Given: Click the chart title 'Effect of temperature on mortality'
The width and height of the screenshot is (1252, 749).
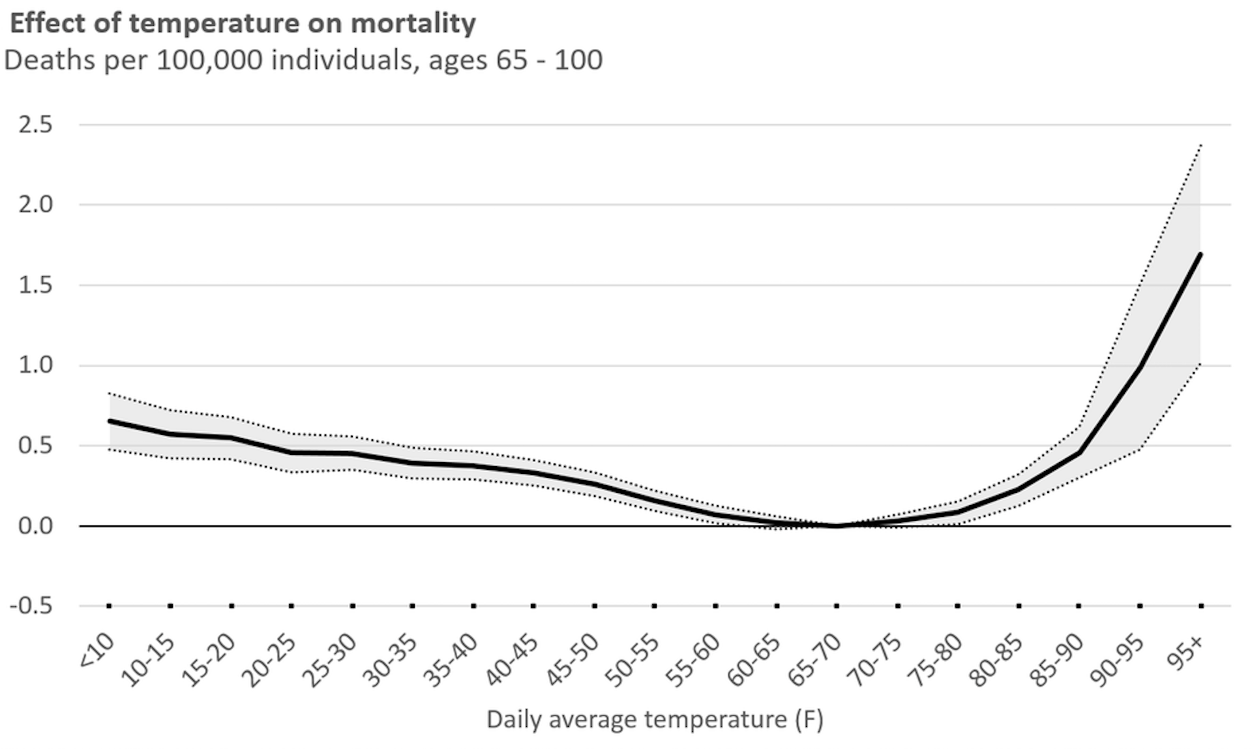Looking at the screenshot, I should click(243, 23).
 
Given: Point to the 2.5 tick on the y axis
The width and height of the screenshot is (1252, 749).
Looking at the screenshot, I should click(36, 124).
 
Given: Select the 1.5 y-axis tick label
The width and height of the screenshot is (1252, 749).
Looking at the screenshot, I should click(36, 285).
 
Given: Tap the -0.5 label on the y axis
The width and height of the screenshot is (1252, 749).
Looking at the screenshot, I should click(31, 606).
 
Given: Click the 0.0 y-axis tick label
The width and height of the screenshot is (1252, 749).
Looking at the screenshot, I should click(36, 525).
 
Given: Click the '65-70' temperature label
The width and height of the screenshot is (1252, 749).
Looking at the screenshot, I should click(814, 660).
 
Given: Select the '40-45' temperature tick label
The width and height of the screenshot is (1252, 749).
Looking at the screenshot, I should click(512, 660).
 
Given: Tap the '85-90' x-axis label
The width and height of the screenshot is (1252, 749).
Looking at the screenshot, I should click(1056, 660).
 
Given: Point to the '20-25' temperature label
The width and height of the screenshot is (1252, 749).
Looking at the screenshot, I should click(269, 660).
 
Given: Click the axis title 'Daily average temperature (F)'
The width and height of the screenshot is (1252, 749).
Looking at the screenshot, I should click(655, 720).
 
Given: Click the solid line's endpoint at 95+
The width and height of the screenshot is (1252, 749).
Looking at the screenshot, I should click(1200, 254).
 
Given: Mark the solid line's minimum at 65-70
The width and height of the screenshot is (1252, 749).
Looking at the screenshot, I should click(837, 525).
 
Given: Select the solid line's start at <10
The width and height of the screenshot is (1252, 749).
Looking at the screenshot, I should click(110, 421).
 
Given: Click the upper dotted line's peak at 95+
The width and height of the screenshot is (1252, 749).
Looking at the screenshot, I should click(1200, 145).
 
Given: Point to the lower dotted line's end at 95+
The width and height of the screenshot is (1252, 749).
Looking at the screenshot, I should click(1200, 363).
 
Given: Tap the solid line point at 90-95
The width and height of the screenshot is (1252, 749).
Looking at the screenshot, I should click(1140, 368).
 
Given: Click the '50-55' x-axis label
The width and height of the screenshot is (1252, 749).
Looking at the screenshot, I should click(633, 660).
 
